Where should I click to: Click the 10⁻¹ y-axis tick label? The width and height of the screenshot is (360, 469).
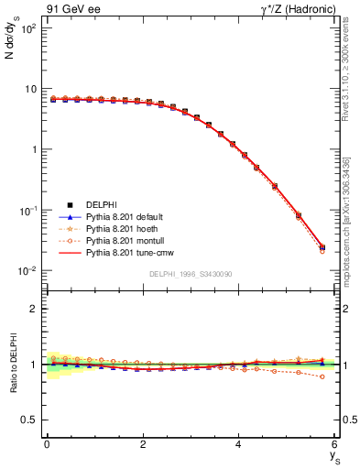27,211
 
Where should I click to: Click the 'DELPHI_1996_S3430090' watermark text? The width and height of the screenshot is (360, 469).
191,275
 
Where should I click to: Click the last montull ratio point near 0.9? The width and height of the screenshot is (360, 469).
322,376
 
